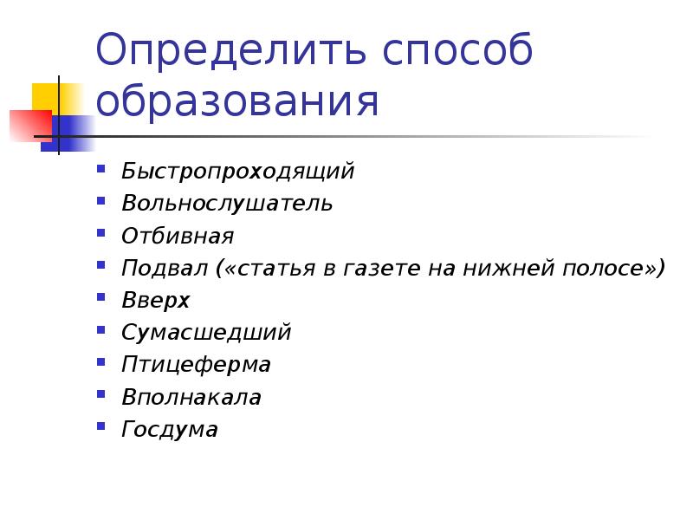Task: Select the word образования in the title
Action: tap(237, 101)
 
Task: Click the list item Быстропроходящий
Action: tap(238, 171)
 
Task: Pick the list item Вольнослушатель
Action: tap(227, 204)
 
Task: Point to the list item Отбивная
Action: tap(178, 236)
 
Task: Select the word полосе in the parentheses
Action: tap(606, 269)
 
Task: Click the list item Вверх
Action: tap(155, 301)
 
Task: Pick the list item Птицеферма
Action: tap(196, 365)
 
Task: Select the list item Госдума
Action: tap(170, 430)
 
